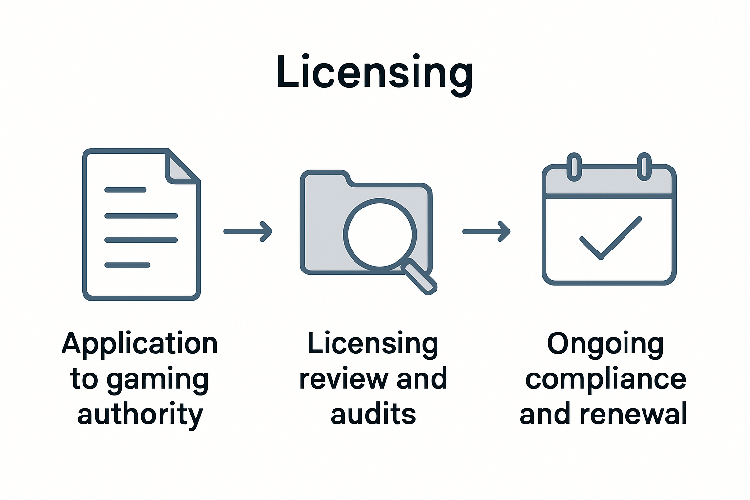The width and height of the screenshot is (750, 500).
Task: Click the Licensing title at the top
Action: (x=374, y=72)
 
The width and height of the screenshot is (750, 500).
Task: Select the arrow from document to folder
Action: (x=248, y=231)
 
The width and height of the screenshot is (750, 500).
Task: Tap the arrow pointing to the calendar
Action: (x=486, y=231)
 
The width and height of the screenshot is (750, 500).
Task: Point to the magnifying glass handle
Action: (x=419, y=277)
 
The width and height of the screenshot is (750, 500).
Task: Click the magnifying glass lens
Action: (x=380, y=234)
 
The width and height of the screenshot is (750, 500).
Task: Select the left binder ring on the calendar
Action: (x=574, y=166)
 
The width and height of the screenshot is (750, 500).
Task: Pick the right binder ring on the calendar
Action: (x=645, y=166)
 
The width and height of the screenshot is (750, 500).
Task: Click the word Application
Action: (x=140, y=344)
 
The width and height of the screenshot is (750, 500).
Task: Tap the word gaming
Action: (x=158, y=380)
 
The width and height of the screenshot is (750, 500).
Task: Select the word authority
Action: (x=140, y=415)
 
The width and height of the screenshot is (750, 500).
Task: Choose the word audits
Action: (x=373, y=415)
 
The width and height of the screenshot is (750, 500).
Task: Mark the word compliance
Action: (x=605, y=380)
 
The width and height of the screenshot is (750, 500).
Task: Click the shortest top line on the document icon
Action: (x=125, y=190)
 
